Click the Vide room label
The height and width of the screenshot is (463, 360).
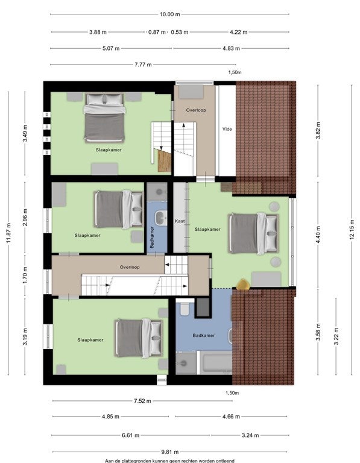[x=227, y=129]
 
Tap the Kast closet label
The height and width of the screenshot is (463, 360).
[x=180, y=221]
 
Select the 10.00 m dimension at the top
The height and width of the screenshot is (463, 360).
[x=169, y=14]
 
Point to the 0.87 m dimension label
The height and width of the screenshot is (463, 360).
[x=157, y=32]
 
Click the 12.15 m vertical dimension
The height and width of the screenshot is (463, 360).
[x=352, y=230]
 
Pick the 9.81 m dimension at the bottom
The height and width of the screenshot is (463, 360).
[x=170, y=452]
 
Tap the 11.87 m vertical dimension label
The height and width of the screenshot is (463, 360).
[x=8, y=233]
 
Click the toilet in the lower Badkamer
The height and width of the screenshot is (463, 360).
[x=185, y=308]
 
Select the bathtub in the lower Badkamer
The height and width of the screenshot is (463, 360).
[x=216, y=362]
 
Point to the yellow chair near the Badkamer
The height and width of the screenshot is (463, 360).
[x=244, y=284]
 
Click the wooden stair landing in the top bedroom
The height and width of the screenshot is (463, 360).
[x=164, y=160]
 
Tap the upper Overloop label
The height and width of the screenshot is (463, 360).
[x=196, y=110]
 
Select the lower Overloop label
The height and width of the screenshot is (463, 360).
[x=130, y=267]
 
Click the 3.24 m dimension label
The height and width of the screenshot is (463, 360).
[x=250, y=435]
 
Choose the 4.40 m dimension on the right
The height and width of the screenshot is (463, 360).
[x=318, y=235]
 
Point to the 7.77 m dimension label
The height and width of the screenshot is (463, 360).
[x=143, y=65]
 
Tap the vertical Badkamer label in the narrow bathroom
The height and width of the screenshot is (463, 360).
[x=152, y=237]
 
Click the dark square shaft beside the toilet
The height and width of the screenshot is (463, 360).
[x=203, y=307]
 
